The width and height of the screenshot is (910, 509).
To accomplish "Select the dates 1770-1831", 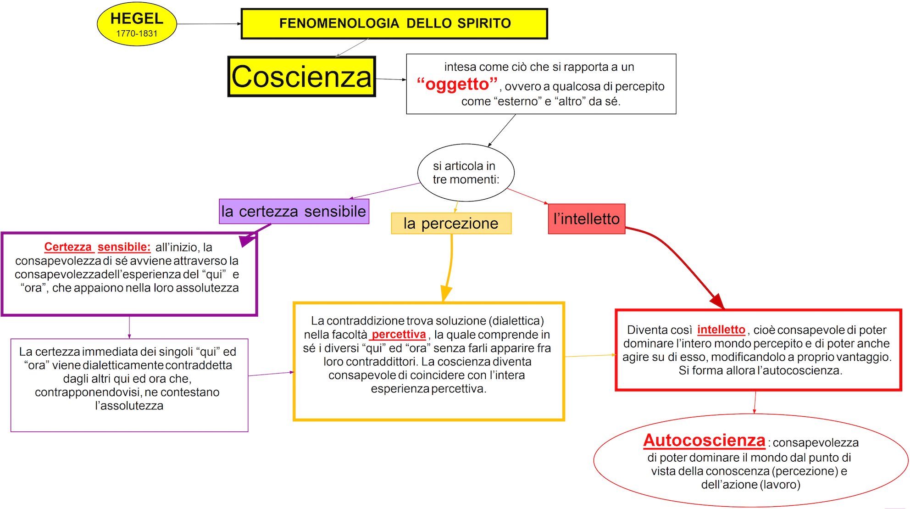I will [x=137, y=34].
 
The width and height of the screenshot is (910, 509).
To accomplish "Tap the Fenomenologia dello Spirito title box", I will [x=394, y=23].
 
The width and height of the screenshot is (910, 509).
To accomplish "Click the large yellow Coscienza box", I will [x=301, y=77].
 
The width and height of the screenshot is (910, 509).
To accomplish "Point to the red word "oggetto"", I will [x=457, y=84].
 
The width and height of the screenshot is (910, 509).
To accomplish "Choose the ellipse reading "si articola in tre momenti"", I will [x=466, y=173].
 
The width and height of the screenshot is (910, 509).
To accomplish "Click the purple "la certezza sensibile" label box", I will [x=294, y=212].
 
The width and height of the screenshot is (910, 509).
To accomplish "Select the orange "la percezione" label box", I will [x=451, y=224].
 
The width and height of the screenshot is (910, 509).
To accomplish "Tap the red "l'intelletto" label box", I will [x=586, y=219].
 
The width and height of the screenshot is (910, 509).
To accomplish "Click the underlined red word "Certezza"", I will [x=68, y=247].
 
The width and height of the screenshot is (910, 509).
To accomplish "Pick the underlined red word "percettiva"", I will [x=399, y=335].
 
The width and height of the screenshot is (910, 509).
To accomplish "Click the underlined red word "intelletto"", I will [x=721, y=330].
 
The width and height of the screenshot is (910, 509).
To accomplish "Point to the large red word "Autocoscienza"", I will [x=704, y=441].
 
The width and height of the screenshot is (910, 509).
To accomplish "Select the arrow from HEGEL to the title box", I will [x=209, y=24].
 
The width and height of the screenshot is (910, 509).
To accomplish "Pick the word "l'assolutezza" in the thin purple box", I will [x=129, y=406].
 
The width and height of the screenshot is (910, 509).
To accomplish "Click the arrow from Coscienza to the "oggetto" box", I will [x=391, y=79].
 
